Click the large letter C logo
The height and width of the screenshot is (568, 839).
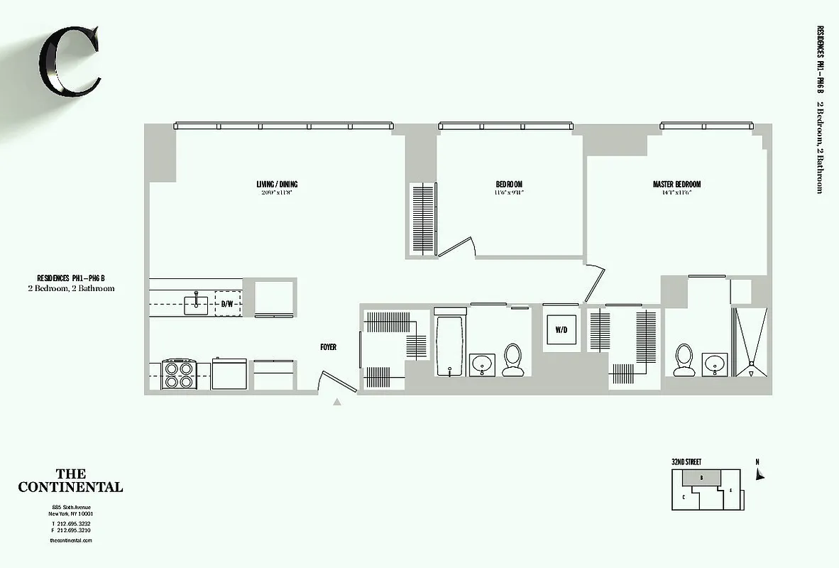click(x=69, y=62)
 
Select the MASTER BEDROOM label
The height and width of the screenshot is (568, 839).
click(x=676, y=185)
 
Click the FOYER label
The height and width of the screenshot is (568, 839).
click(x=328, y=347)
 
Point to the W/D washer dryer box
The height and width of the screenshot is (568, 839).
click(x=561, y=329)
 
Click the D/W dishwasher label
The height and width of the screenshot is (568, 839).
click(x=227, y=304)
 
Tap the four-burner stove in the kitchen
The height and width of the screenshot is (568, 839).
click(x=179, y=373)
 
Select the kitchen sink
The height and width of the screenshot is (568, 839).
click(x=196, y=305)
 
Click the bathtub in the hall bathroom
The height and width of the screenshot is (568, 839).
click(x=449, y=346)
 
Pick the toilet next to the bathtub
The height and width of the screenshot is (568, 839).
click(x=512, y=359)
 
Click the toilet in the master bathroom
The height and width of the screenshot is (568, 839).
click(x=684, y=359)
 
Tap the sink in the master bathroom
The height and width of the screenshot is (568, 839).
click(x=713, y=364)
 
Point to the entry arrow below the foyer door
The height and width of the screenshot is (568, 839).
click(x=337, y=403)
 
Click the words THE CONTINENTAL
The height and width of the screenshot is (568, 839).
click(x=70, y=481)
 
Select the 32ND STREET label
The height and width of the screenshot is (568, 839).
click(x=686, y=462)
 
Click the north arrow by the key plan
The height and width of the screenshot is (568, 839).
click(x=759, y=473)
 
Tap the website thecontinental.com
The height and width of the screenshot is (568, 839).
click(x=71, y=540)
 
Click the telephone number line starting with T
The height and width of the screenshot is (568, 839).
click(x=70, y=524)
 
